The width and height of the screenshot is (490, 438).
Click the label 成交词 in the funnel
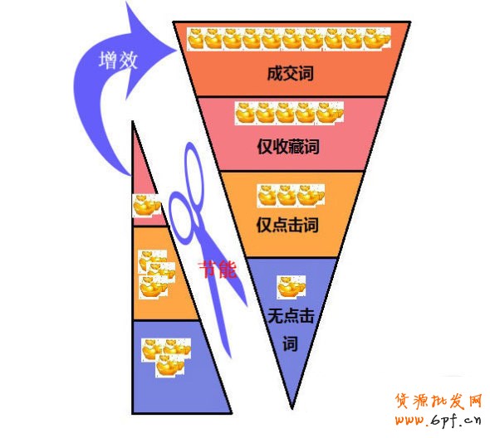(291, 74)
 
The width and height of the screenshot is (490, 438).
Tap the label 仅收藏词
(288, 146)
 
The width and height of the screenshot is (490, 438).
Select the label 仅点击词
(287, 225)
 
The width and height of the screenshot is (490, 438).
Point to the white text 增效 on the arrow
(118, 61)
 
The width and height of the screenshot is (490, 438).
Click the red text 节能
(218, 269)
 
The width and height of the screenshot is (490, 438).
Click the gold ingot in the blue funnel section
(291, 286)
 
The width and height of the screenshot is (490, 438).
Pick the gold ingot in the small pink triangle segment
(146, 206)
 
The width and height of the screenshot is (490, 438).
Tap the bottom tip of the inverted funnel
(292, 408)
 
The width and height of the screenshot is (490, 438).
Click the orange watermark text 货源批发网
(439, 401)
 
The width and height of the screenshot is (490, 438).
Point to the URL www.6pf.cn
(439, 420)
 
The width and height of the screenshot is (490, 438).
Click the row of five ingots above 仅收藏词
(289, 113)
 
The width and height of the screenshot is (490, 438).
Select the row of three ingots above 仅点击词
(291, 196)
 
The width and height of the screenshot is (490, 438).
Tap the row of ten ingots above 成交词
(289, 39)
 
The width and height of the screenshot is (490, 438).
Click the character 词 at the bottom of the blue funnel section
(291, 344)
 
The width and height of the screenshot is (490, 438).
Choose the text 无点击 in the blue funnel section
(291, 316)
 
